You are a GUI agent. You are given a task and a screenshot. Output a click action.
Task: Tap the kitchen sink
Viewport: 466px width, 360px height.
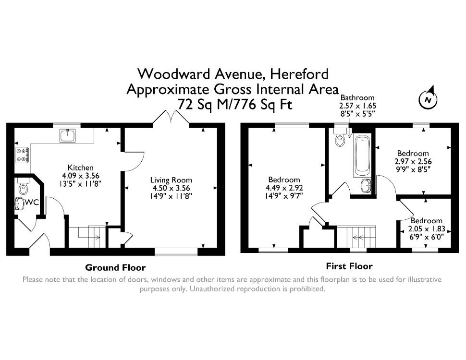[67, 135]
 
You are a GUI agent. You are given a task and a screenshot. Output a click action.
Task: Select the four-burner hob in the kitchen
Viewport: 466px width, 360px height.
[22, 155]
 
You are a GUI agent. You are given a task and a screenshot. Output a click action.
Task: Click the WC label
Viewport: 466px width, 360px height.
[32, 203]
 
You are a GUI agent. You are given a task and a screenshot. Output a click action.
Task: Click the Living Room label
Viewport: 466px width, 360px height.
[171, 180]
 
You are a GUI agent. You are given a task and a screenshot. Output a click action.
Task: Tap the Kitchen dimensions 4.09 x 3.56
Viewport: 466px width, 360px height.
[81, 176]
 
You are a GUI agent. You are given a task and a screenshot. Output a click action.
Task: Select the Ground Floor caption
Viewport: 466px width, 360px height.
[115, 268]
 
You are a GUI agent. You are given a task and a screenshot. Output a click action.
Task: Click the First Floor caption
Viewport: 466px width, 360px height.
[349, 266]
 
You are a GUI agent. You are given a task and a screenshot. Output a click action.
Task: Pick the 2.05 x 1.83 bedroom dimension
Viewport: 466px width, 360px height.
[427, 229]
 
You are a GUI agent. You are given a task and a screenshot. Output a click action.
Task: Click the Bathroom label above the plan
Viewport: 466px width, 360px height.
[357, 98]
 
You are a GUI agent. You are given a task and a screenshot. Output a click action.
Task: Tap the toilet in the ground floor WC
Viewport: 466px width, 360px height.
[23, 186]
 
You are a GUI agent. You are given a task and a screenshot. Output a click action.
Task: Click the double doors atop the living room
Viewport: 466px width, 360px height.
[171, 117]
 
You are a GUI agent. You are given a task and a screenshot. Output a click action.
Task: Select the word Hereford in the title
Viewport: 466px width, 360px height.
[299, 74]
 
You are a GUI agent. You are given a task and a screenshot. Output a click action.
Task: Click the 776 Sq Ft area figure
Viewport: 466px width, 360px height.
[261, 104]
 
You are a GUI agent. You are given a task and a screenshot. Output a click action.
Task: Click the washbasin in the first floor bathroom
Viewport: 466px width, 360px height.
[366, 186]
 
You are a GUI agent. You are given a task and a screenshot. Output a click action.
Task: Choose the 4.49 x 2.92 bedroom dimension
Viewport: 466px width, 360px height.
[284, 188]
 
